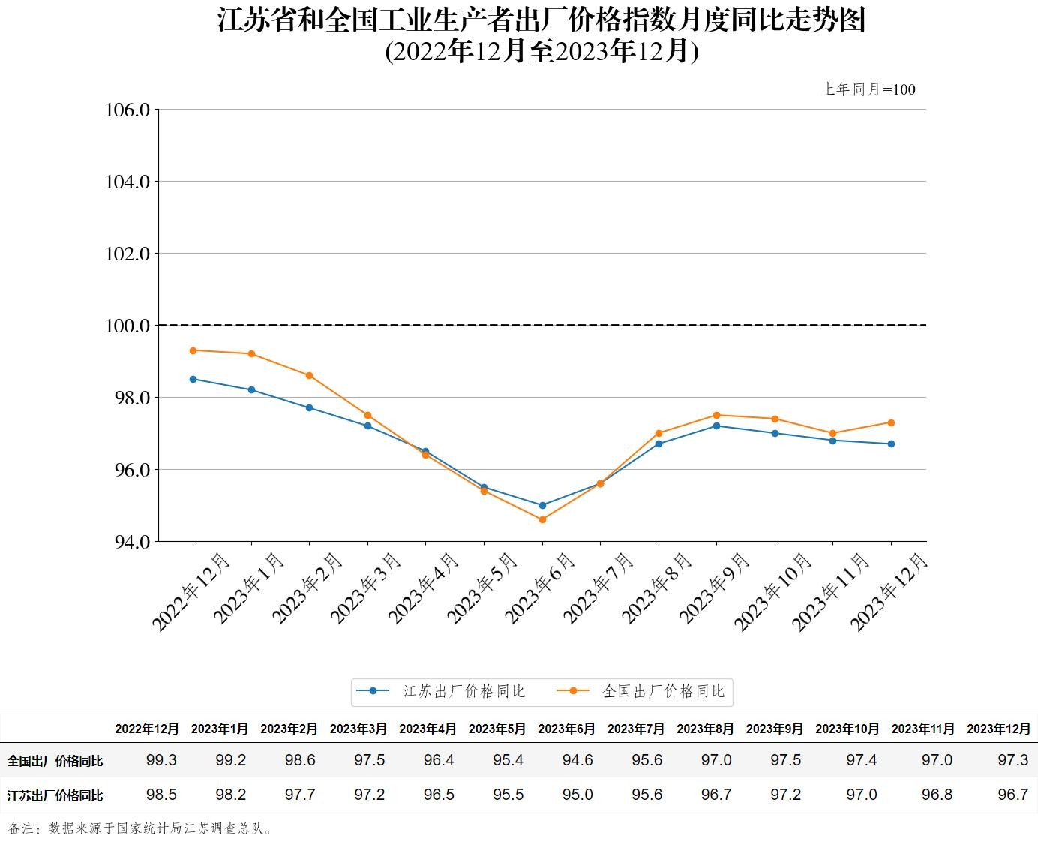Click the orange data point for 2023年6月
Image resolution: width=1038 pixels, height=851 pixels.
pyautogui.click(x=542, y=519)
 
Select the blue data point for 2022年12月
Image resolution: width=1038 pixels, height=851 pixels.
pyautogui.click(x=193, y=379)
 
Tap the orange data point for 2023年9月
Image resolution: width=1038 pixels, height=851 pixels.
pyautogui.click(x=716, y=415)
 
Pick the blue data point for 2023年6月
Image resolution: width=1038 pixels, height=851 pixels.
pyautogui.click(x=542, y=505)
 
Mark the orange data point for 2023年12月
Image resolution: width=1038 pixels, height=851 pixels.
pyautogui.click(x=891, y=422)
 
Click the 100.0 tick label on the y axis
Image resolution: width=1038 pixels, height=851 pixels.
pyautogui.click(x=127, y=326)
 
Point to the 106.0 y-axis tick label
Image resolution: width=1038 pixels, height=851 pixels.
pyautogui.click(x=127, y=110)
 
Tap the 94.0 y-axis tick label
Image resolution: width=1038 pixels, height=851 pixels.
pyautogui.click(x=127, y=541)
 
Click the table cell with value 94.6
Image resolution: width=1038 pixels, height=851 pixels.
pyautogui.click(x=577, y=760)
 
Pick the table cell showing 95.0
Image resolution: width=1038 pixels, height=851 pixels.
pyautogui.click(x=577, y=795)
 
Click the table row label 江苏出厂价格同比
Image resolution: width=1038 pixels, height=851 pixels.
pyautogui.click(x=55, y=795)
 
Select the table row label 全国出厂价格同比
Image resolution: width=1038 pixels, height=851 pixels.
pyautogui.click(x=55, y=761)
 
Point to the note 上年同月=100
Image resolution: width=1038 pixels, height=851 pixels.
pyautogui.click(x=868, y=89)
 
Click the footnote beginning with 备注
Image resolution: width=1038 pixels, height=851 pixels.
pyautogui.click(x=141, y=828)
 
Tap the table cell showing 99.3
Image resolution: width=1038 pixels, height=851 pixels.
pyautogui.click(x=161, y=760)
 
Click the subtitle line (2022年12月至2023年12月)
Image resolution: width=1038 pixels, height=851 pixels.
pyautogui.click(x=541, y=51)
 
